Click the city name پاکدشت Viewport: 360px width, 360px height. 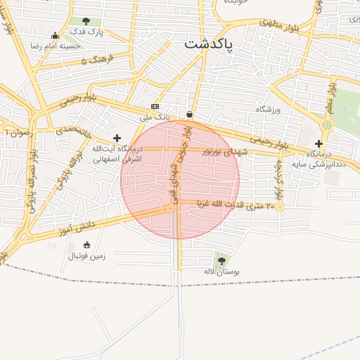point(211,44)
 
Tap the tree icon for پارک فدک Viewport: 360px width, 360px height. point(86,21)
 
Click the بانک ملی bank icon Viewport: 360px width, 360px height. point(155,106)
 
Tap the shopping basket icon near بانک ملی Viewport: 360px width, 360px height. point(190,114)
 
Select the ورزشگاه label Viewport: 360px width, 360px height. point(268,109)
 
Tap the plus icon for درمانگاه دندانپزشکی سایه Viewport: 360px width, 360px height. point(319,143)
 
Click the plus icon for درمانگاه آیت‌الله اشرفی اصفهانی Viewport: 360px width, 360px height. point(117,139)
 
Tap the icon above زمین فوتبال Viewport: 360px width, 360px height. point(87,245)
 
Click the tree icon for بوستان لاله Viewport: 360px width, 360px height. point(222,260)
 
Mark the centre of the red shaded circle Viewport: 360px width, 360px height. point(180,180)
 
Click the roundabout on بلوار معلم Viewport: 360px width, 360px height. point(326,125)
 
